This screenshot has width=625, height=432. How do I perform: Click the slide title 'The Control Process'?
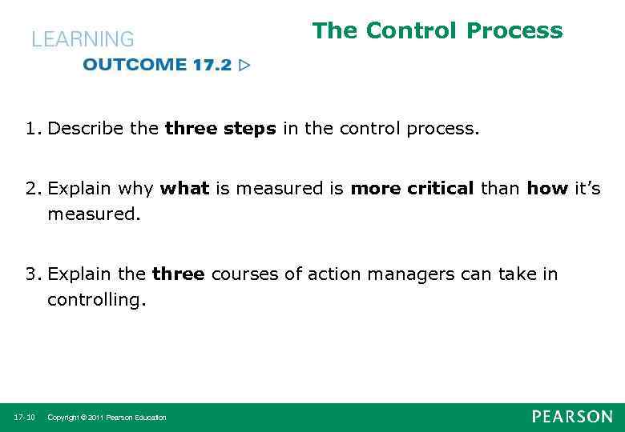click(x=437, y=31)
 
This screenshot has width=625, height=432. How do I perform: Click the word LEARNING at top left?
click(x=83, y=39)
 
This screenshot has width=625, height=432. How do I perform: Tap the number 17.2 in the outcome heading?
click(x=212, y=65)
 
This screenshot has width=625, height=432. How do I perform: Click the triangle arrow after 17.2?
click(x=244, y=65)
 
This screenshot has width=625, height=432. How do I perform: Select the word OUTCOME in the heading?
click(x=134, y=65)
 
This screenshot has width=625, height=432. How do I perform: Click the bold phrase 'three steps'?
click(x=220, y=129)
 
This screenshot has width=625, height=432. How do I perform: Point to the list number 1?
click(x=32, y=129)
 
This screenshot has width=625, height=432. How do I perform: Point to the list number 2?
click(x=32, y=189)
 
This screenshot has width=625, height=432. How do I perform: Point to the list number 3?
click(x=32, y=274)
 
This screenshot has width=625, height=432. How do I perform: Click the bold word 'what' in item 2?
click(x=184, y=189)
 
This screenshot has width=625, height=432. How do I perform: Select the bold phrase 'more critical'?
click(x=412, y=189)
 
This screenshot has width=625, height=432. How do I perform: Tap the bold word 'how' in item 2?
click(x=547, y=189)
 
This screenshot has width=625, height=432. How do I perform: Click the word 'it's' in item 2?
click(x=587, y=189)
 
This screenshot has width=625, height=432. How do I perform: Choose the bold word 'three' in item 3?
click(x=178, y=274)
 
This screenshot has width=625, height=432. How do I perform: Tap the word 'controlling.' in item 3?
click(x=97, y=300)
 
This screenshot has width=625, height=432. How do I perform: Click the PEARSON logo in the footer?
click(x=572, y=417)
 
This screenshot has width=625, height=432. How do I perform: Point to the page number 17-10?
click(x=24, y=418)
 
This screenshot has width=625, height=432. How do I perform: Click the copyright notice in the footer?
click(x=107, y=418)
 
